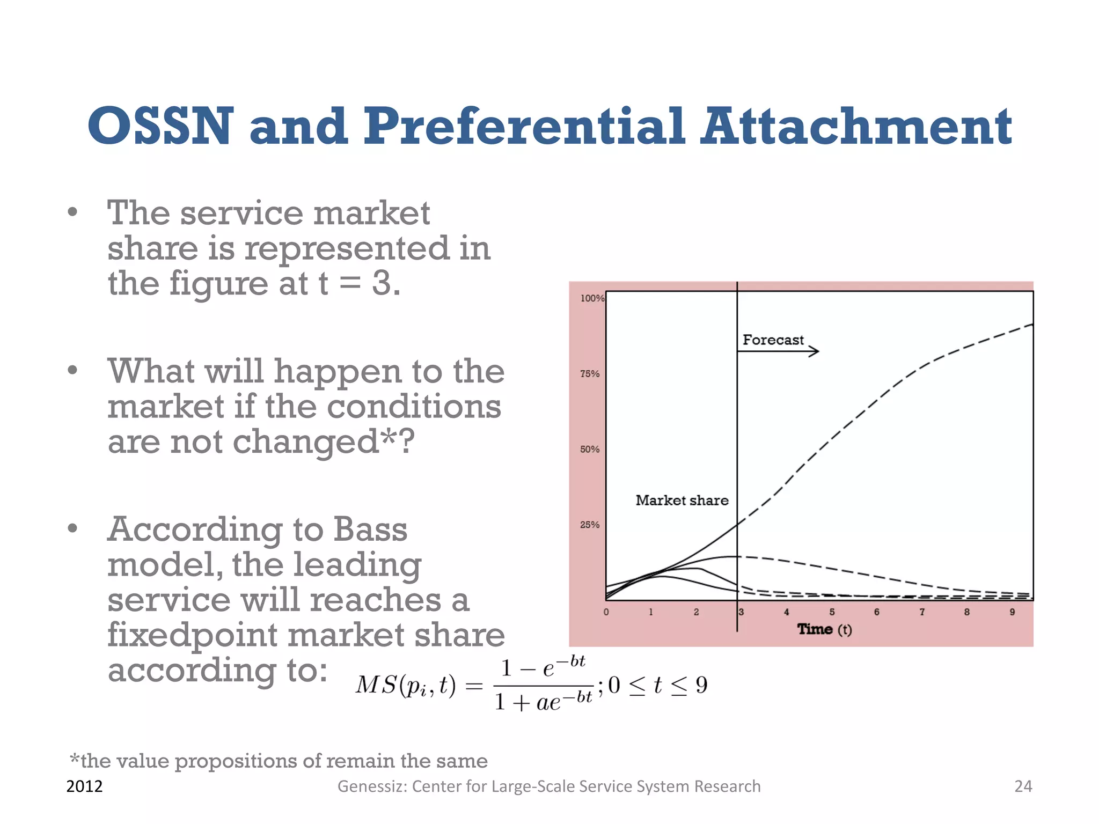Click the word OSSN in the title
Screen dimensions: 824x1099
160,126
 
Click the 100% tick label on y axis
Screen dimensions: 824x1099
592,298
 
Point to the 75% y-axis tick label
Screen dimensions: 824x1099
589,374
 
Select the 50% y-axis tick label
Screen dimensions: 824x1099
589,450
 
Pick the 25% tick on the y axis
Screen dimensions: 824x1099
589,525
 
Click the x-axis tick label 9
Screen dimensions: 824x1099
1012,612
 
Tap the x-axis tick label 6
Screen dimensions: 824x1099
876,612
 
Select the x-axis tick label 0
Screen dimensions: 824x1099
606,612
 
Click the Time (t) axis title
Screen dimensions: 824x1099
824,629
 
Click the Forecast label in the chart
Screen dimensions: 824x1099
773,340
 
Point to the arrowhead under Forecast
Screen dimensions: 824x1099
815,351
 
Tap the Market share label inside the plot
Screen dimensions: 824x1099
682,501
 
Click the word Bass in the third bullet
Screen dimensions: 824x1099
370,529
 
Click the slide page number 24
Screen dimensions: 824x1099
1023,786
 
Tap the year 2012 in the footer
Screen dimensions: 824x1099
84,786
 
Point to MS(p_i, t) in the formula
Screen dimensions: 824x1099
405,686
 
